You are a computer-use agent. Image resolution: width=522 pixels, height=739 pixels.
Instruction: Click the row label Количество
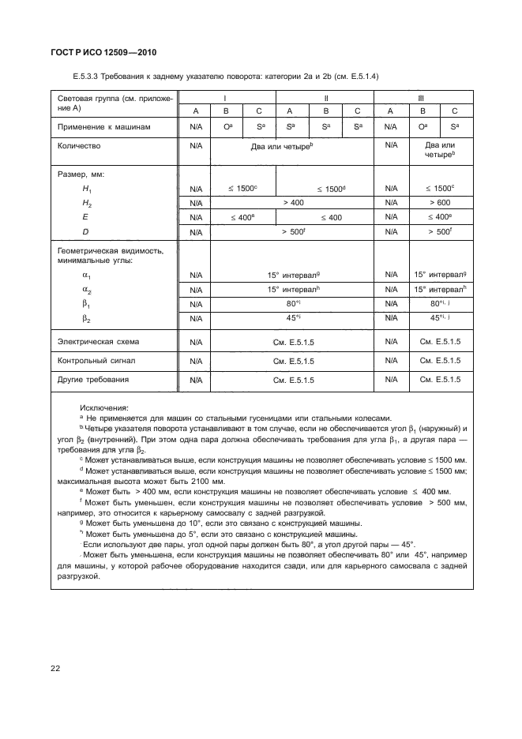click(x=80, y=146)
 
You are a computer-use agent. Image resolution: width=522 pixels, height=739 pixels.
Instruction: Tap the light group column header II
click(x=325, y=98)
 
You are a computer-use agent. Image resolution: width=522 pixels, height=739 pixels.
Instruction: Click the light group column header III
click(x=421, y=98)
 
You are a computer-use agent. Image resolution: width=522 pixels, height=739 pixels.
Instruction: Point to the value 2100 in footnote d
click(x=195, y=481)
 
